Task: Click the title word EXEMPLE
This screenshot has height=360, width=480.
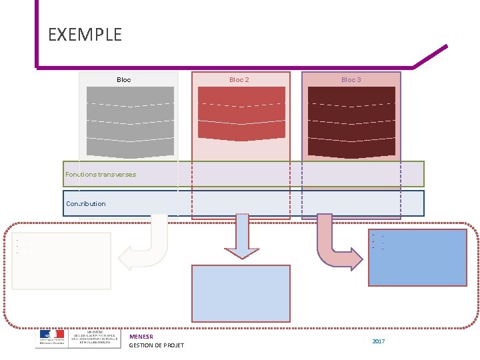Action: point(85,35)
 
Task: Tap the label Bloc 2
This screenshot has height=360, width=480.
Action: point(239,80)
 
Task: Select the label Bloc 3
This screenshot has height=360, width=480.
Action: point(351,80)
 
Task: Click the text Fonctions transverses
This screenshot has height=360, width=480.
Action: point(101,175)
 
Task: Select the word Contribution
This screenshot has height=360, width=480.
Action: point(86,204)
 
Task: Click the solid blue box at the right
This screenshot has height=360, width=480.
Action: point(418,258)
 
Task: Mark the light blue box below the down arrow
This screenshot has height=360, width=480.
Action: point(241,293)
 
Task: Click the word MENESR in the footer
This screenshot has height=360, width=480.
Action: point(141,337)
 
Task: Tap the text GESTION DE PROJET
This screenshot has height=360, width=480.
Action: point(157,345)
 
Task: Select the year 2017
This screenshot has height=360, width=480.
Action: point(379,341)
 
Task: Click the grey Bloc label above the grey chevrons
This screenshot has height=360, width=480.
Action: point(124,80)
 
